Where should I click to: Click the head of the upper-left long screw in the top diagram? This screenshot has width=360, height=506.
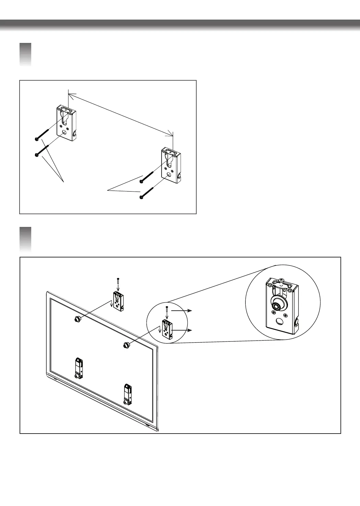pyautogui.click(x=36, y=139)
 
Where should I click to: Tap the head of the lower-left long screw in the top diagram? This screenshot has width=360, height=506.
pyautogui.click(x=36, y=155)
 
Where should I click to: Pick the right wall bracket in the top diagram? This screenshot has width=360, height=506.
pyautogui.click(x=171, y=165)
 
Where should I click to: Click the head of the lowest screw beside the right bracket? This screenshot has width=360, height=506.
pyautogui.click(x=141, y=197)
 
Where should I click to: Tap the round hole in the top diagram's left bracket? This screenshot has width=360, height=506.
pyautogui.click(x=65, y=132)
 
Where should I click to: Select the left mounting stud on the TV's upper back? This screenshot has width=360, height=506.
pyautogui.click(x=77, y=319)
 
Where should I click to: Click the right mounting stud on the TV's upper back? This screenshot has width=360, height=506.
pyautogui.click(x=126, y=345)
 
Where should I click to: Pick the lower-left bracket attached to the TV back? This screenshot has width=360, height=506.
pyautogui.click(x=79, y=368)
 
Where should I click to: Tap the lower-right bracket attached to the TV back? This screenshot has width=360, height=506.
pyautogui.click(x=128, y=394)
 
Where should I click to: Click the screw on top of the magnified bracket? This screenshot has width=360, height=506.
pyautogui.click(x=281, y=281)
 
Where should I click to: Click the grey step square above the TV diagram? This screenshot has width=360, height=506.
pyautogui.click(x=25, y=239)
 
